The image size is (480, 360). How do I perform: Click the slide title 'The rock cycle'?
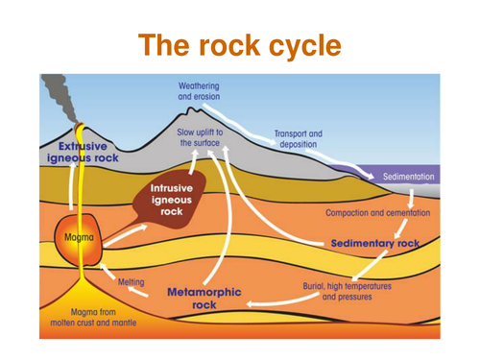[239, 45]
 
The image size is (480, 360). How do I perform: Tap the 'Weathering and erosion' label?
[199, 92]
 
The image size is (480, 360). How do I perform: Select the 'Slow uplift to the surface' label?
[200, 137]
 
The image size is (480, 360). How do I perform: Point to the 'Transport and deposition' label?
[298, 139]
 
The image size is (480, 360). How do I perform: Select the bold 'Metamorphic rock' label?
[204, 297]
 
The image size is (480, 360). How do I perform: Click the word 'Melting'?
[131, 282]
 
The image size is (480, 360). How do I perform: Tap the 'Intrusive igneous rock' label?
[172, 199]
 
